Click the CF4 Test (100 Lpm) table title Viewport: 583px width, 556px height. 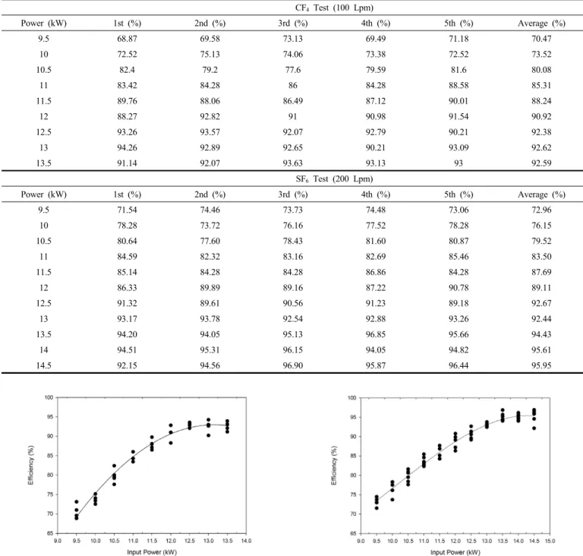(334, 8)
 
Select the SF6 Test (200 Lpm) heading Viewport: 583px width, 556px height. (334, 179)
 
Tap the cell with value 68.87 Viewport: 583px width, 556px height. (128, 39)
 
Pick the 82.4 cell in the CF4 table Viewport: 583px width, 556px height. (128, 70)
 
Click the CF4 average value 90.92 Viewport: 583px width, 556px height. (541, 116)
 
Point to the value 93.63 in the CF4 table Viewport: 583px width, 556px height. (293, 163)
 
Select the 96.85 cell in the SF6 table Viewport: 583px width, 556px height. (376, 334)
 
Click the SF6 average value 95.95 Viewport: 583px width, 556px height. (541, 366)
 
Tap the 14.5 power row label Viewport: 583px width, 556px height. (43, 366)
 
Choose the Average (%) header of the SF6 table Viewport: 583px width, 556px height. (541, 194)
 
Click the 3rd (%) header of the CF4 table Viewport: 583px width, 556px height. (293, 24)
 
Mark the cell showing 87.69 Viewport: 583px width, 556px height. (541, 273)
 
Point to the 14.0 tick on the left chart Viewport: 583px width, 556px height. (246, 541)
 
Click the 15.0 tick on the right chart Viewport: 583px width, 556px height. (550, 541)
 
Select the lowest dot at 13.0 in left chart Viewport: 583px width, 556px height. (208, 435)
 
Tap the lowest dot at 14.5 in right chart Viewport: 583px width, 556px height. (534, 428)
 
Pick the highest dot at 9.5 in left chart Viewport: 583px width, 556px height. (76, 501)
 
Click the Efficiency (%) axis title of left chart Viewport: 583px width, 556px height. (31, 465)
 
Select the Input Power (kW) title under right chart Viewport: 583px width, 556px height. (455, 552)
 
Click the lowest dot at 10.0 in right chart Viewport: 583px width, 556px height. (392, 500)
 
